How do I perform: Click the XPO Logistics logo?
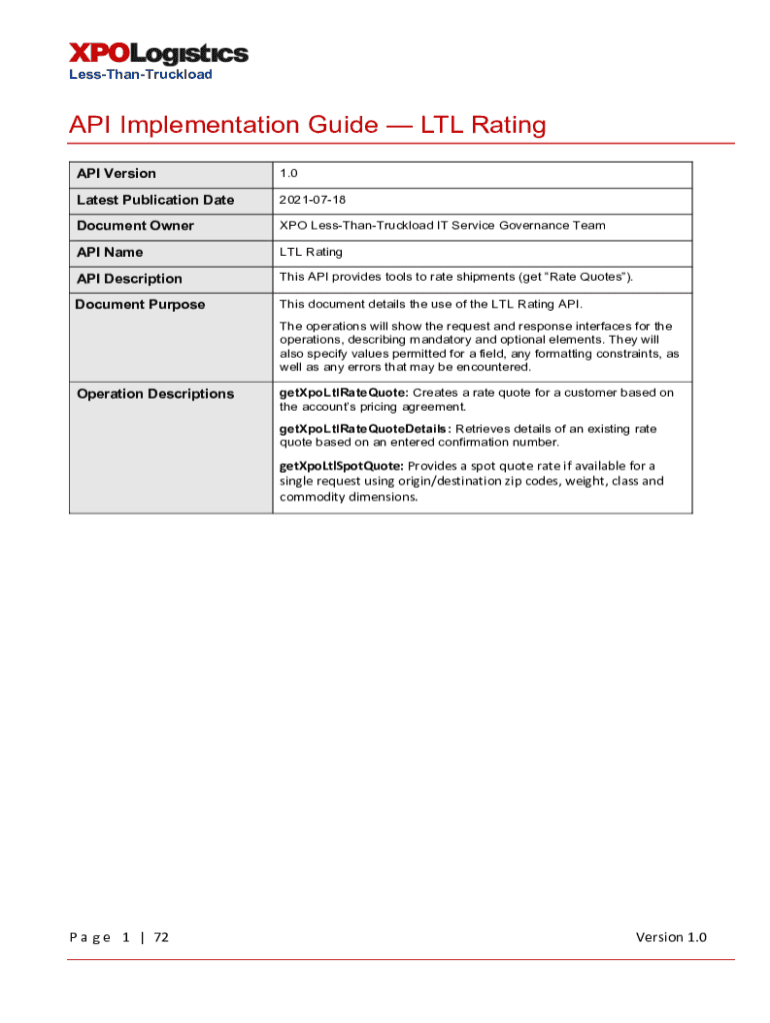(158, 53)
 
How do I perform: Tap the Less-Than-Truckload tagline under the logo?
(140, 75)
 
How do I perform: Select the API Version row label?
(116, 174)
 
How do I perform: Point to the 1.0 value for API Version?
(288, 174)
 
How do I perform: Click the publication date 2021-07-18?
(313, 200)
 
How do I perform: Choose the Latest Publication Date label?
(155, 200)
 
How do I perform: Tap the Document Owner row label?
(135, 226)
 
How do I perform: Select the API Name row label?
(110, 252)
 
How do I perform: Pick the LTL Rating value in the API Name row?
(311, 252)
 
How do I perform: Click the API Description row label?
(129, 279)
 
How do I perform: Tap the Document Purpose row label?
(140, 305)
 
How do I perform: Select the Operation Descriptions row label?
(155, 394)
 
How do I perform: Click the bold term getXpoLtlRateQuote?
(343, 393)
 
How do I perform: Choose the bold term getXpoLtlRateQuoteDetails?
(365, 429)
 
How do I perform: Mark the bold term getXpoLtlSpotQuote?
(341, 466)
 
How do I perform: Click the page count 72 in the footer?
(160, 937)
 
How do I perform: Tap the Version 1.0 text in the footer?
(671, 937)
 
